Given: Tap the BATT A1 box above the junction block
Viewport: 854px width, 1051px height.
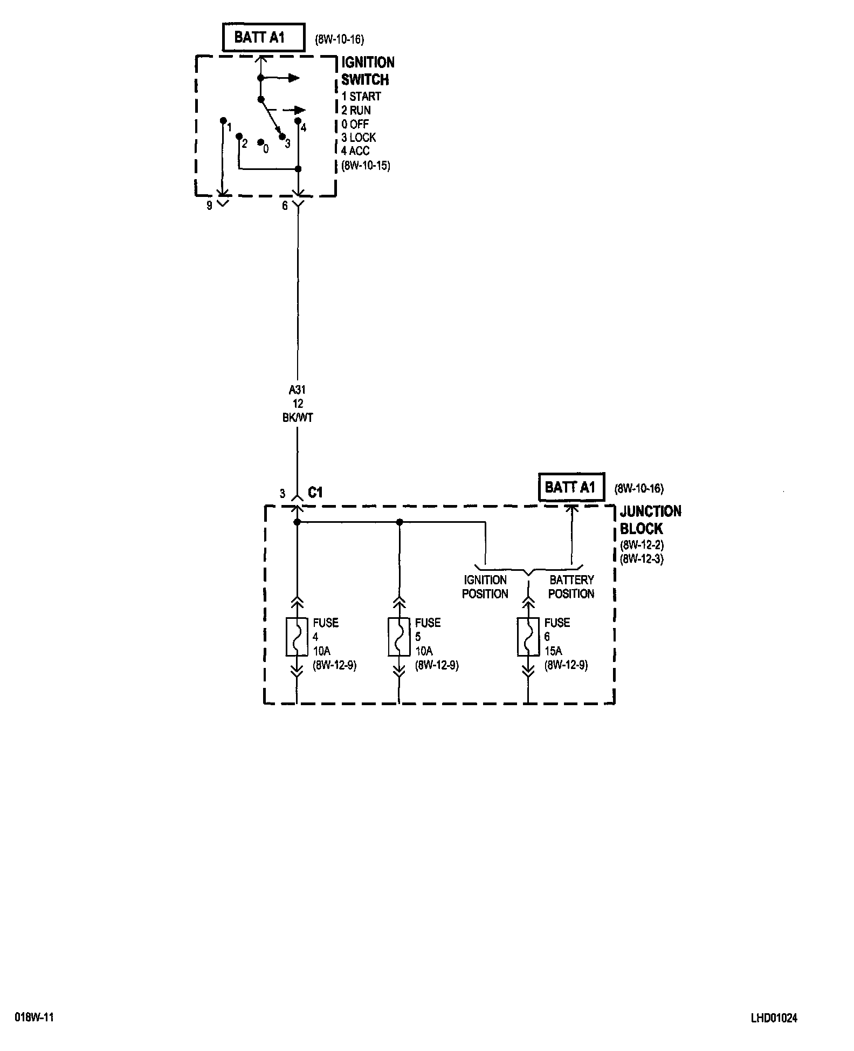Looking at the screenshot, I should point(571,488).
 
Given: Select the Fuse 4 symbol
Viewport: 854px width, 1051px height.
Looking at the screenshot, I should point(297,637).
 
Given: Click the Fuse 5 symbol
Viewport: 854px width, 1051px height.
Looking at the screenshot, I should point(399,637).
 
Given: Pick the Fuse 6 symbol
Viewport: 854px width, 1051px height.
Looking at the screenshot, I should point(528,637).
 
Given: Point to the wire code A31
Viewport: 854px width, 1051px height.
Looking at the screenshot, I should point(297,390).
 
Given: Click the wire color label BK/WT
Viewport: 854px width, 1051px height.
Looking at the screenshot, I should point(298,418).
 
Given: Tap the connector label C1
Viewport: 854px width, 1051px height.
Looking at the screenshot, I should point(315,493).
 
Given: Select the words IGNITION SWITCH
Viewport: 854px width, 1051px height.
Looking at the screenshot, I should point(367,71).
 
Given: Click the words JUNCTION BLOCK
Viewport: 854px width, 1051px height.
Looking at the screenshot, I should point(650,520).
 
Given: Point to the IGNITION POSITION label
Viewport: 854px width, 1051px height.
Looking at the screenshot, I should point(485,587).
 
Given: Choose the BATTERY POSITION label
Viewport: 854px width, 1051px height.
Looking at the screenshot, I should point(571,587).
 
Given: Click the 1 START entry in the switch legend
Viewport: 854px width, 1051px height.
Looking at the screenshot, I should point(361,97).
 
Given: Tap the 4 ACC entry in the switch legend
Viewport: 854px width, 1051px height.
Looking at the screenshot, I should point(355,151).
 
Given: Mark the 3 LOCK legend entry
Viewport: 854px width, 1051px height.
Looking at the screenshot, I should point(359,138).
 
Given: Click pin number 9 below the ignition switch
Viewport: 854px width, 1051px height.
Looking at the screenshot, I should point(210,206).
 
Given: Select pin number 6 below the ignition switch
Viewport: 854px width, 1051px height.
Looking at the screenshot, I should point(285,206).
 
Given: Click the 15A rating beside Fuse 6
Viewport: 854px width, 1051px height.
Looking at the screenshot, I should point(553,651).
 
